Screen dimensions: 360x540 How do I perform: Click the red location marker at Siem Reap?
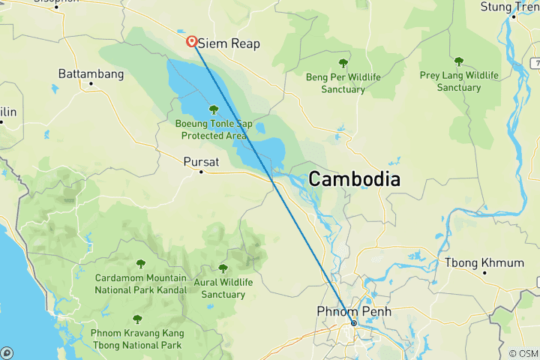[192, 42]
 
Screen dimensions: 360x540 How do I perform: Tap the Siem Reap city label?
[230, 43]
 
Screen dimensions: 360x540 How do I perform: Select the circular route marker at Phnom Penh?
[354, 323]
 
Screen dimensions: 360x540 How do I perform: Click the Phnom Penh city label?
[354, 310]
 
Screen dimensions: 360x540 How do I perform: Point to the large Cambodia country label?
[354, 179]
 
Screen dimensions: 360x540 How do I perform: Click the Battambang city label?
[91, 74]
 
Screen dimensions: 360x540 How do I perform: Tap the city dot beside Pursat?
[201, 172]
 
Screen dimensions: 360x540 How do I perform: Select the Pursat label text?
[199, 160]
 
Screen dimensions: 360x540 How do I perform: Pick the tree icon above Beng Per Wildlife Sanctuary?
[343, 63]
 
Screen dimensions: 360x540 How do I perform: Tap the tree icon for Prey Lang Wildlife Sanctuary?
[459, 61]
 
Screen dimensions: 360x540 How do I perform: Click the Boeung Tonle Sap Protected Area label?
[214, 130]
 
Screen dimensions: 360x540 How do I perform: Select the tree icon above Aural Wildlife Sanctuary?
[223, 268]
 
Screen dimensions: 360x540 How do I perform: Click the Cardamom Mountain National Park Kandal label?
[140, 283]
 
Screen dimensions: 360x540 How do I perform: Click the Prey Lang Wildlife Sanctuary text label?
[459, 82]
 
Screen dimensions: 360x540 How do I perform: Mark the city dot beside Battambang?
[90, 85]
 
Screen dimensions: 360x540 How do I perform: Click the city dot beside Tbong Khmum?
[487, 273]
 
